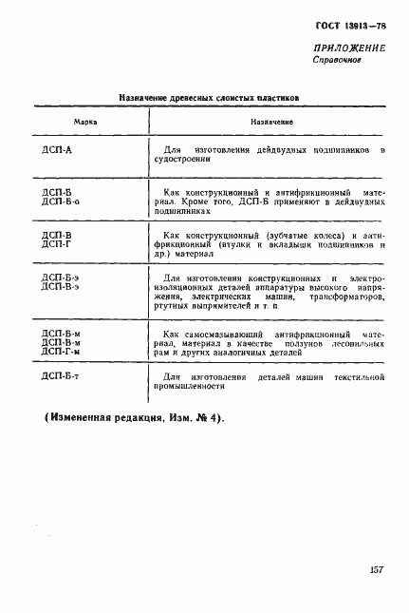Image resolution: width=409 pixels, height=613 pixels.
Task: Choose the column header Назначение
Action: point(271,123)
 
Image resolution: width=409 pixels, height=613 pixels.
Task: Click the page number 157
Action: point(376,569)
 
